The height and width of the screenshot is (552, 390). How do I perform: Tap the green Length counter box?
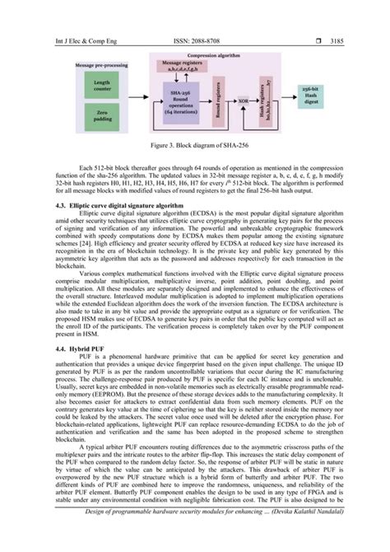click(98, 86)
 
